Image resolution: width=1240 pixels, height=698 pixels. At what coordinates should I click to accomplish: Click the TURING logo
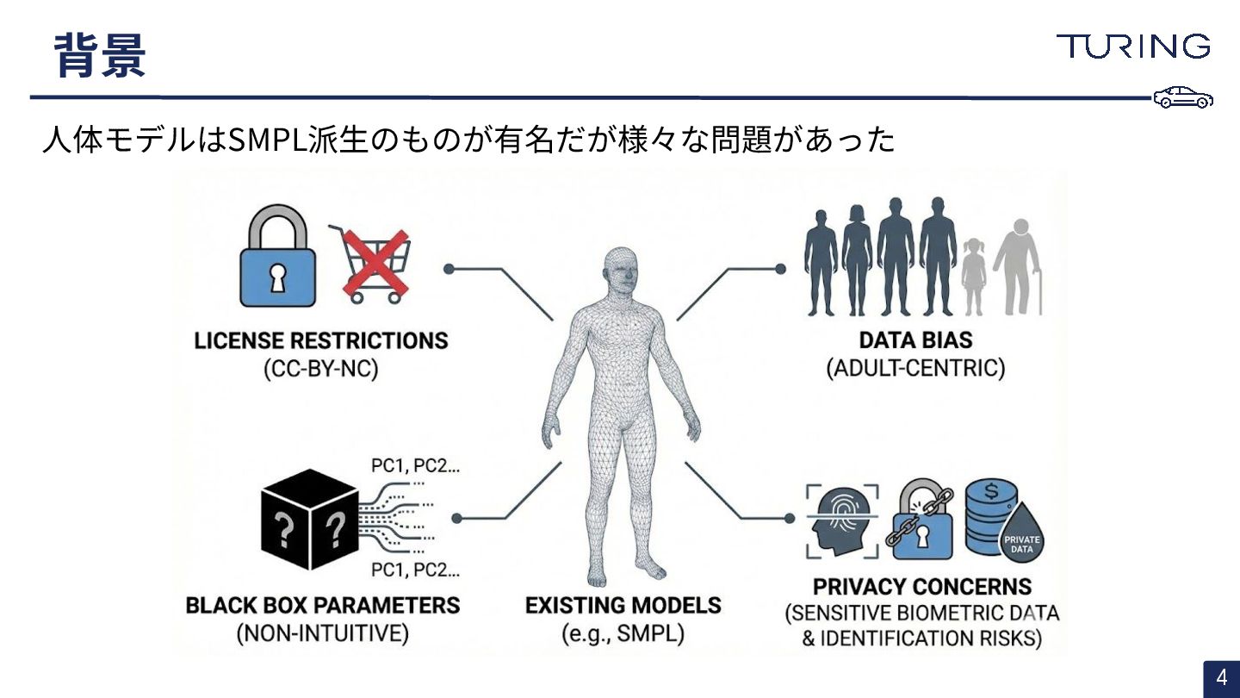tap(1132, 46)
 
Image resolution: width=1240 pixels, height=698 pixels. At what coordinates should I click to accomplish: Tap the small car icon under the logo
tap(1183, 97)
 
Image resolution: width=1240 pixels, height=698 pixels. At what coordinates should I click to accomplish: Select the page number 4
tap(1221, 678)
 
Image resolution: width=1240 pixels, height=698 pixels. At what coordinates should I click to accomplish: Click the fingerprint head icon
tap(842, 520)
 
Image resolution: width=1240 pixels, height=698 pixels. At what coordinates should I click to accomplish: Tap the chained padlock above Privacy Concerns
tap(920, 519)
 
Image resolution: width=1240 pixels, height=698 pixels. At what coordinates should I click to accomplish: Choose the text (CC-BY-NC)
tap(321, 370)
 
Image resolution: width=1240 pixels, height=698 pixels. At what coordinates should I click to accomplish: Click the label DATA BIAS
tap(915, 340)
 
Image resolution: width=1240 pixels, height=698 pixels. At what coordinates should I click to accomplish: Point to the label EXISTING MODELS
tap(623, 605)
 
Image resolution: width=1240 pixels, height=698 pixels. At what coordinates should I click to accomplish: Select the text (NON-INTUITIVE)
tap(322, 634)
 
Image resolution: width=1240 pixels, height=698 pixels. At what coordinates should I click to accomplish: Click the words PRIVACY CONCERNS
tap(921, 587)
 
